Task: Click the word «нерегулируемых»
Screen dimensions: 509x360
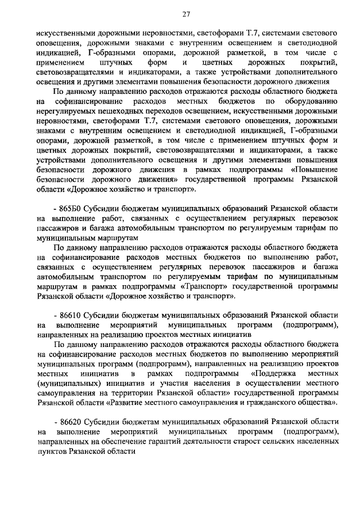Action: point(66,112)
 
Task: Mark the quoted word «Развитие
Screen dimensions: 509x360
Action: point(126,404)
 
